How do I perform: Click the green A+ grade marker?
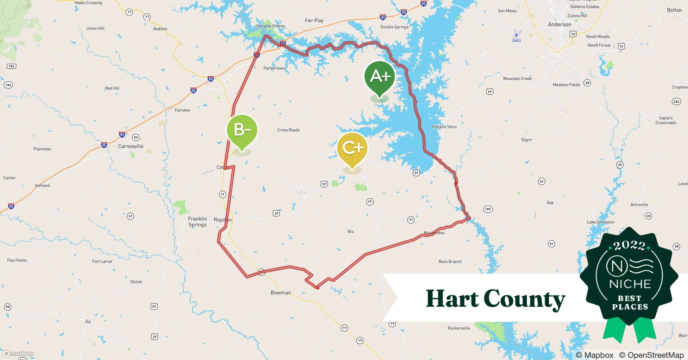pyautogui.click(x=380, y=77)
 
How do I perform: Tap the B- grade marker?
pyautogui.click(x=242, y=130)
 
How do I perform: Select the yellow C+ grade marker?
pyautogui.click(x=352, y=148)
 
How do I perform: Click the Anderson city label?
pyautogui.click(x=559, y=24)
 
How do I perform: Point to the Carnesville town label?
pyautogui.click(x=131, y=146)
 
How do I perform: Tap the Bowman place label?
pyautogui.click(x=281, y=293)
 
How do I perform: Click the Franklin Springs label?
pyautogui.click(x=197, y=222)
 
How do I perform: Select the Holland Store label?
pyautogui.click(x=444, y=127)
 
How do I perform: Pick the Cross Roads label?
pyautogui.click(x=289, y=130)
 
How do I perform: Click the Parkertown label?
pyautogui.click(x=274, y=68)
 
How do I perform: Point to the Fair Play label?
pyautogui.click(x=314, y=21)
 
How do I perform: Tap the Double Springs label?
pyautogui.click(x=394, y=27)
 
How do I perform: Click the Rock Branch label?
pyautogui.click(x=450, y=262)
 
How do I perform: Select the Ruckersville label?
pyautogui.click(x=459, y=328)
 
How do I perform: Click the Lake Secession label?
pyautogui.click(x=601, y=222)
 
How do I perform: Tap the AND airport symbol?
pyautogui.click(x=516, y=35)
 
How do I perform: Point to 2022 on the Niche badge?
pyautogui.click(x=629, y=246)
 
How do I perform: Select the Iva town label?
pyautogui.click(x=550, y=203)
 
